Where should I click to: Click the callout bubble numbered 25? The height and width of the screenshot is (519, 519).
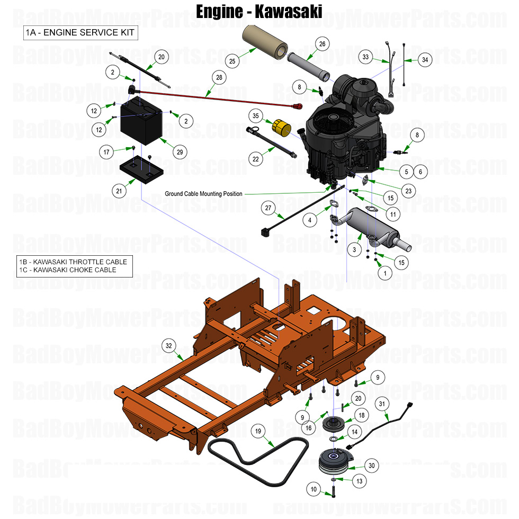pyautogui.click(x=232, y=62)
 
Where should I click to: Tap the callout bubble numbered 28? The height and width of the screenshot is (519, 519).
pyautogui.click(x=219, y=78)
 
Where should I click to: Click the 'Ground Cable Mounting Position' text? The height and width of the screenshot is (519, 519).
pyautogui.click(x=203, y=194)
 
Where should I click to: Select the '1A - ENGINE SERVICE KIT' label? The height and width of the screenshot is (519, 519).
pyautogui.click(x=80, y=33)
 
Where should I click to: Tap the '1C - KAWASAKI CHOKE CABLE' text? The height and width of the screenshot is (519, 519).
pyautogui.click(x=68, y=270)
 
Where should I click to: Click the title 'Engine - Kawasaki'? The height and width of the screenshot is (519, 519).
pyautogui.click(x=259, y=11)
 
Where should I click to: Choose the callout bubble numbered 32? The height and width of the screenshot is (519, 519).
pyautogui.click(x=169, y=346)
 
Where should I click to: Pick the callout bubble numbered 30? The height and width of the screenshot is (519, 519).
pyautogui.click(x=372, y=466)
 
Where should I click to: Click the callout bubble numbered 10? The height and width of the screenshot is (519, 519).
pyautogui.click(x=314, y=490)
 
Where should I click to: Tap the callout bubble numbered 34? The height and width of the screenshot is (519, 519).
pyautogui.click(x=425, y=60)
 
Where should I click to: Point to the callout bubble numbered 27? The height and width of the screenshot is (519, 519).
pyautogui.click(x=269, y=208)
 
